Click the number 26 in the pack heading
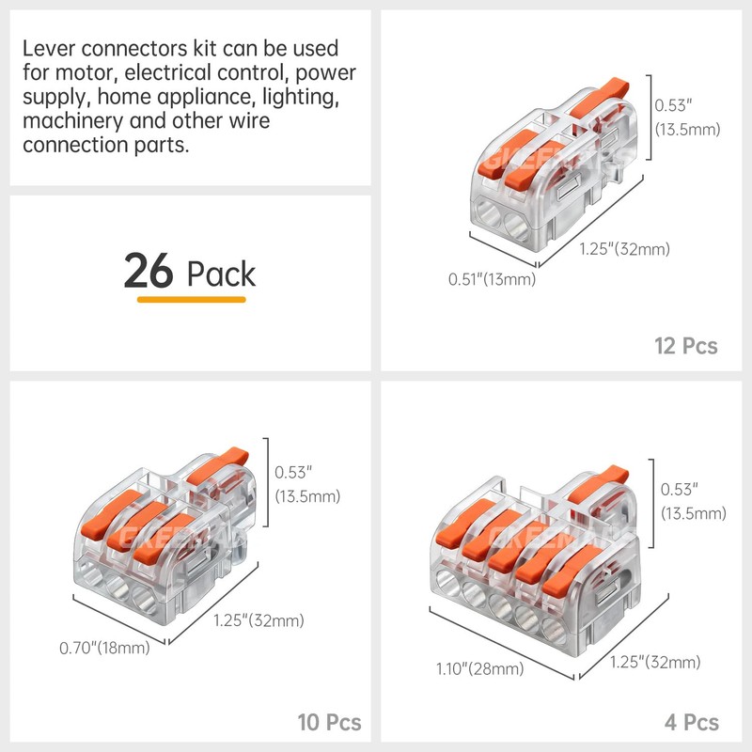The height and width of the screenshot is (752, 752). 149,272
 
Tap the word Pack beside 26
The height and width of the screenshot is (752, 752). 221,274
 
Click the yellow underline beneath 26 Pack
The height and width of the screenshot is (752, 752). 191,300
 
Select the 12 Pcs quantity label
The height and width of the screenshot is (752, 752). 685,346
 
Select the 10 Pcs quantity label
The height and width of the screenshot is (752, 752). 329,723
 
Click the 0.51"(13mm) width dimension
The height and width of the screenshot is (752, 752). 492,279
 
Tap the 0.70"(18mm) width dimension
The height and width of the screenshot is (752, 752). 103,648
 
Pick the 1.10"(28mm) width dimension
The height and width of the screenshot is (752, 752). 479,668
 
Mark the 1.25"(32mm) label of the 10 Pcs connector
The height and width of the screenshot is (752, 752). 258,620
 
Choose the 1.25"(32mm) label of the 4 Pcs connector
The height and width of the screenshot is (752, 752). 654,663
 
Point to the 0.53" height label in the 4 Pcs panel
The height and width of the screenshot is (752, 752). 680,490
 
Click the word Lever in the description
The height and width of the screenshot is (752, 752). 50,48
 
